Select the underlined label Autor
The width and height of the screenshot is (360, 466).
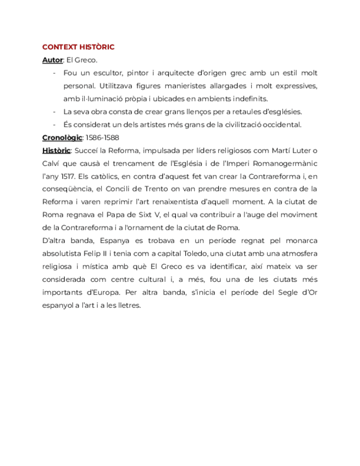tap(52, 60)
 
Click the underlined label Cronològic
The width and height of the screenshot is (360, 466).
tap(62, 137)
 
